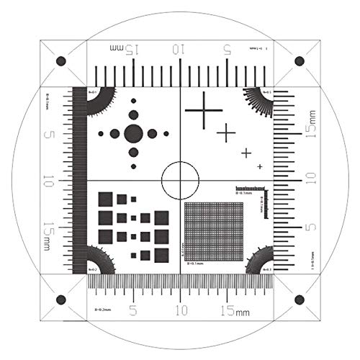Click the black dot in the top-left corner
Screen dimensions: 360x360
[60, 60]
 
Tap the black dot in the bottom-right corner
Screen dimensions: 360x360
[300, 300]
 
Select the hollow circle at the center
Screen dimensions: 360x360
[180, 180]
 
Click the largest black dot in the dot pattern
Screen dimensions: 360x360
[133, 133]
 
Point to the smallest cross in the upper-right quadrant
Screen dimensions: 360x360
[260, 166]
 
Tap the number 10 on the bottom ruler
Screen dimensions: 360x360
[180, 310]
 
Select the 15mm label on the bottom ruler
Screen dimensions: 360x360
[232, 311]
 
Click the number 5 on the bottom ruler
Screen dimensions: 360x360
[132, 310]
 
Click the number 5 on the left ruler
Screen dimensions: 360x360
[49, 135]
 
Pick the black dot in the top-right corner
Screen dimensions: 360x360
[300, 60]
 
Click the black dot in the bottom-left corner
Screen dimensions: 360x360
[60, 300]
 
